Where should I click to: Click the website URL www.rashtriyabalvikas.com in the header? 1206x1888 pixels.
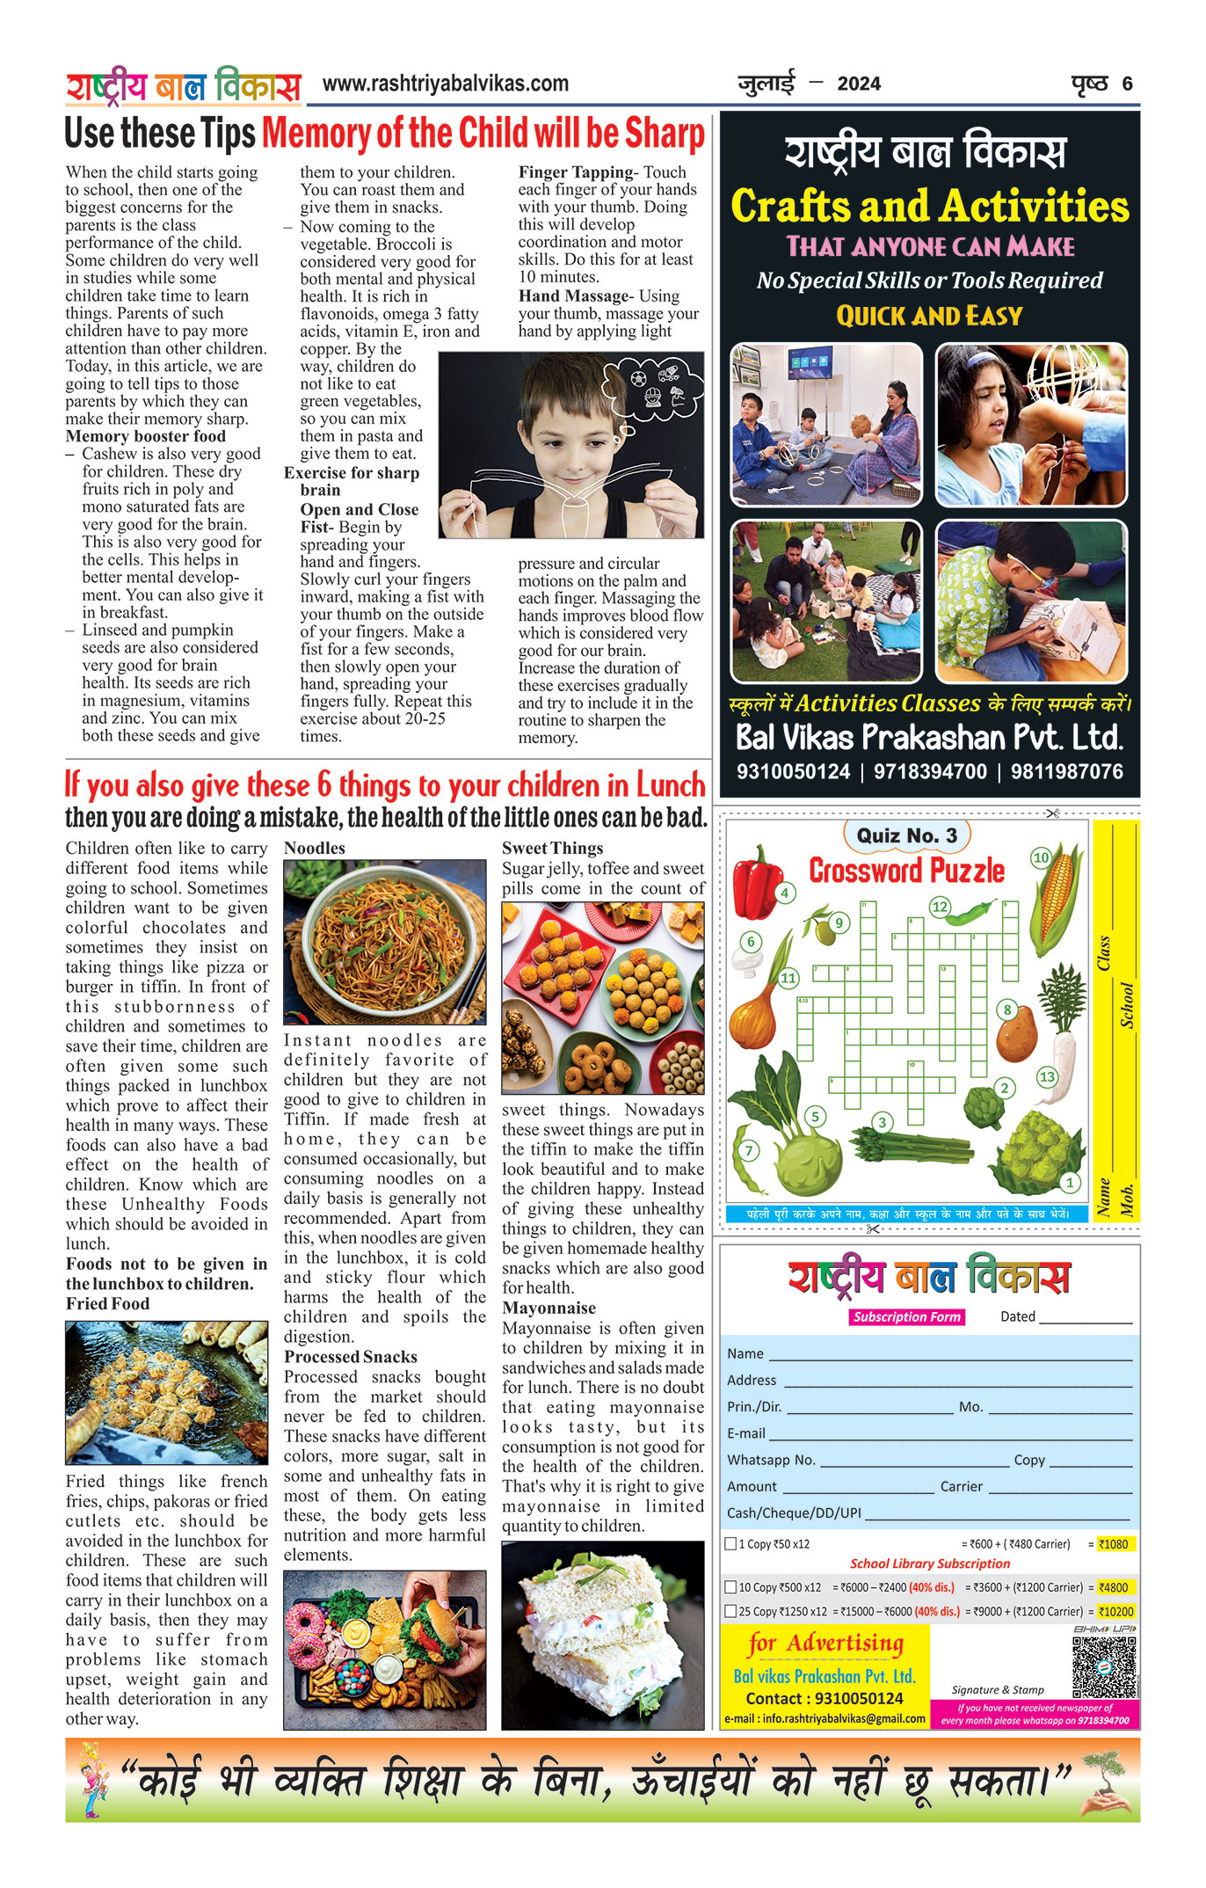(445, 84)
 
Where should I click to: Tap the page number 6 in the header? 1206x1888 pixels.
(1127, 84)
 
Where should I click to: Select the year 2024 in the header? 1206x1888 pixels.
(858, 84)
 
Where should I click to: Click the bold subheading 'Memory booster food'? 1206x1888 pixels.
(145, 436)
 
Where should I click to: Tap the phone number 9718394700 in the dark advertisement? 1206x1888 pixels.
(930, 772)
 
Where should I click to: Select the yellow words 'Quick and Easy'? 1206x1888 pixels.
(929, 316)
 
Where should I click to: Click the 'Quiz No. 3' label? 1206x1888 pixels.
(907, 835)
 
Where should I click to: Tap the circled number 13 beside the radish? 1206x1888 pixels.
(1047, 1076)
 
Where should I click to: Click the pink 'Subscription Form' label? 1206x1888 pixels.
(906, 1316)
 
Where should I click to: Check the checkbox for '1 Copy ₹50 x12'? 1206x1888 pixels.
(730, 1543)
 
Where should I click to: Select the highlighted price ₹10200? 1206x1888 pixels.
(1116, 1612)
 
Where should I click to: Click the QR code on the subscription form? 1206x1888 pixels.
(1104, 1666)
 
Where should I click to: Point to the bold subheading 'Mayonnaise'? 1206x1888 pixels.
(549, 1308)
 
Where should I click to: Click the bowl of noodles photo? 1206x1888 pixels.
(384, 942)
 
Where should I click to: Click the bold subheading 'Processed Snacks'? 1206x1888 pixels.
(350, 1356)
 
